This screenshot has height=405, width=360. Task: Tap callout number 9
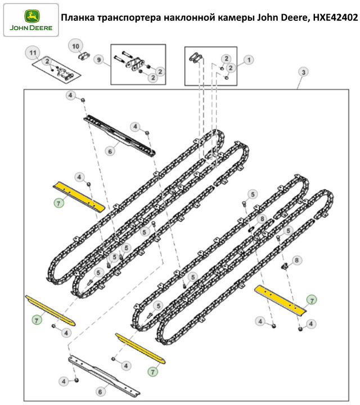tap(99, 60)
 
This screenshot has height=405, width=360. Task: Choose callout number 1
tap(248, 58)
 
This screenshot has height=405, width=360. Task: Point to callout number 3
tap(303, 73)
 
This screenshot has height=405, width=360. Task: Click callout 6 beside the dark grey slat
tap(109, 150)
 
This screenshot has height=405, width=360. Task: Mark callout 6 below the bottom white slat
tap(100, 391)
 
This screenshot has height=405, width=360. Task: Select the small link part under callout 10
tap(84, 56)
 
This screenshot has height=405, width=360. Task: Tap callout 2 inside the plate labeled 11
tap(48, 61)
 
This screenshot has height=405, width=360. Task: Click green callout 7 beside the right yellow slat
tap(311, 299)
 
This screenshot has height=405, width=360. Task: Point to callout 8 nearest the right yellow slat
tap(298, 260)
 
